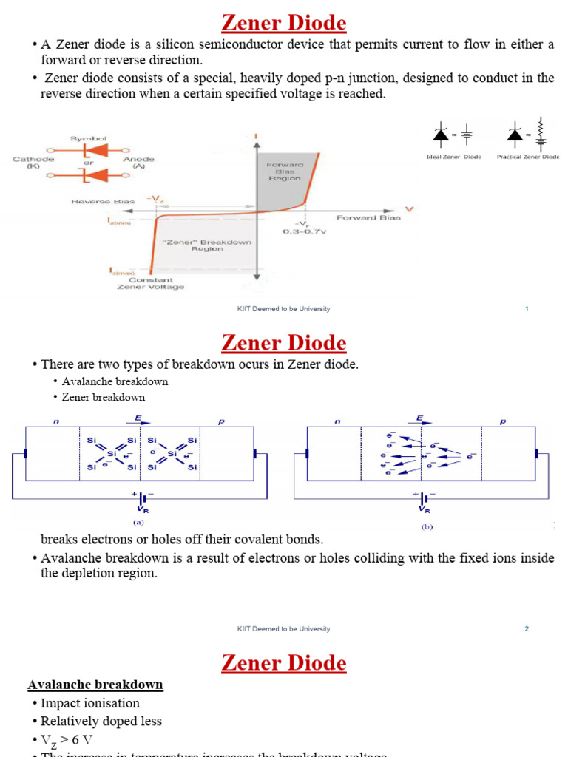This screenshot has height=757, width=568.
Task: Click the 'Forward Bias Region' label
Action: pos(285,171)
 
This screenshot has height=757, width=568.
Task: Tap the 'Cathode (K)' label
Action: pos(33,163)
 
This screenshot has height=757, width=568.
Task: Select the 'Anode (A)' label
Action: pos(138,163)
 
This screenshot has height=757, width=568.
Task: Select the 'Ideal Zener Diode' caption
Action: pos(454,157)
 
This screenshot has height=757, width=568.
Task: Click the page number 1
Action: pos(527,309)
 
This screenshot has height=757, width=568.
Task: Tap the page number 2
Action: pos(527,629)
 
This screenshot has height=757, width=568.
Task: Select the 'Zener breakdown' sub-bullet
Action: pos(104,397)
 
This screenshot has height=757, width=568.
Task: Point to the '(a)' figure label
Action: pos(138,521)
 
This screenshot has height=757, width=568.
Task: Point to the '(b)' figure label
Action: pos(427,527)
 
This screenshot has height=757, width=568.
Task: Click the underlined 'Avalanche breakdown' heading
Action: pos(95,685)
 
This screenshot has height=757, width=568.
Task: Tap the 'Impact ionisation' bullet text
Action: pos(89,703)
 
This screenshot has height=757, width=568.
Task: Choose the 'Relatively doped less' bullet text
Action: pos(101,721)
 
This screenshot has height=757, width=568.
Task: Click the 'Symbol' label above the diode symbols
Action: pos(89,138)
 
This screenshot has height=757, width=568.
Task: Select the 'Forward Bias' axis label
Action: pos(368,217)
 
